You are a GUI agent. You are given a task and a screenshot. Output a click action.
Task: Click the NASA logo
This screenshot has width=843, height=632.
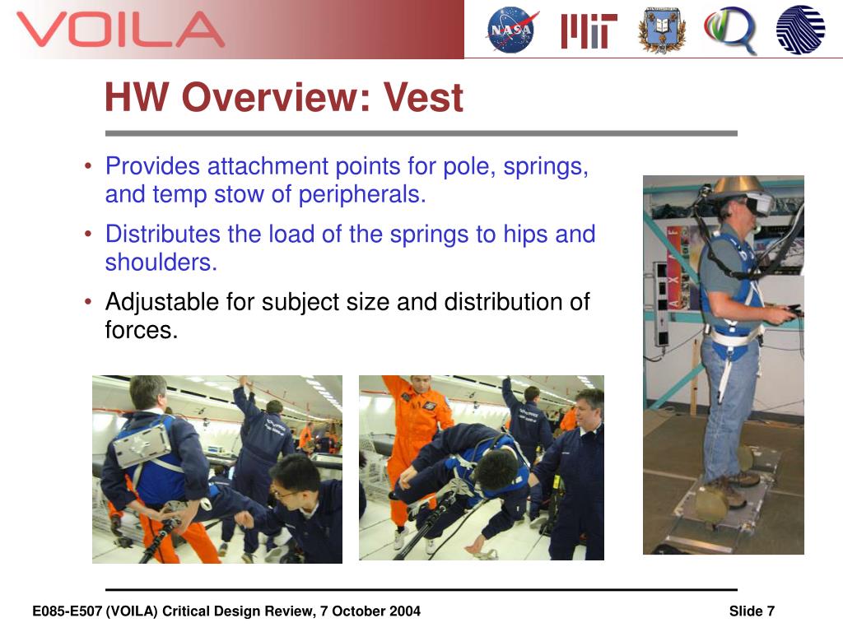[511, 30]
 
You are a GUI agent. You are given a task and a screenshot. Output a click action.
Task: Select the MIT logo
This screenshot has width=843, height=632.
[589, 31]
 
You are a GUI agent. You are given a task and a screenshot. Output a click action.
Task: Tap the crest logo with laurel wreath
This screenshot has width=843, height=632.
[662, 30]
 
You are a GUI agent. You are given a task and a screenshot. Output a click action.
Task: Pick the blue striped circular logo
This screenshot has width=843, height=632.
[800, 30]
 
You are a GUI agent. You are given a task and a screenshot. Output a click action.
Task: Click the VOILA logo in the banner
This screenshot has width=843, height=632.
[120, 30]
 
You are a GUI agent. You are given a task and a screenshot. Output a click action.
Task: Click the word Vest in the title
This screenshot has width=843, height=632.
[423, 97]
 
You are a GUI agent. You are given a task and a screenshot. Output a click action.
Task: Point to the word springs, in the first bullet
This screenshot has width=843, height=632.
[546, 166]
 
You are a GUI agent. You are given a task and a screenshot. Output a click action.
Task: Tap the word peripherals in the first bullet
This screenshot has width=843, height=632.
[362, 194]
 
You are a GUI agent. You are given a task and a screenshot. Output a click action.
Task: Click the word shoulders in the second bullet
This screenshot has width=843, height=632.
[161, 263]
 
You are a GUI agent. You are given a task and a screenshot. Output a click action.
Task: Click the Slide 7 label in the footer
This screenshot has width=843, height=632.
[752, 611]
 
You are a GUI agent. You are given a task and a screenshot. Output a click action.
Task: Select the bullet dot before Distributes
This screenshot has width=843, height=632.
[88, 234]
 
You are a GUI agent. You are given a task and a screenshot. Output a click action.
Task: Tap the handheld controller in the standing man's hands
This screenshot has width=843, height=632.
[790, 310]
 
